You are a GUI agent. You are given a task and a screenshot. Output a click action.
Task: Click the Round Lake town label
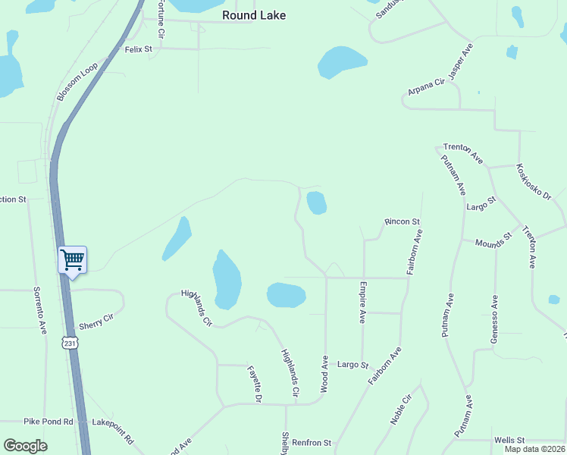[254, 15]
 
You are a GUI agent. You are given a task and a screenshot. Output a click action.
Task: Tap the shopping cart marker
[72, 260]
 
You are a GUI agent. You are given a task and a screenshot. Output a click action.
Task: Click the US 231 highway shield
[70, 344]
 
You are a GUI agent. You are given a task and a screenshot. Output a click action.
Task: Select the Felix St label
[139, 49]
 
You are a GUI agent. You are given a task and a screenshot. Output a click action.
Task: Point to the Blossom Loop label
[77, 82]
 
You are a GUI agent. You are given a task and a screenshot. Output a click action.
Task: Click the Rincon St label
[402, 221]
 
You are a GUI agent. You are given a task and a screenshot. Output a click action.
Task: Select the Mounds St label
[493, 241]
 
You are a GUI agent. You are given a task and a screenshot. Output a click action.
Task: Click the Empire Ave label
[364, 303]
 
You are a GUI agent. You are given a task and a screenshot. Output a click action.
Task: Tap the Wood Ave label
[324, 373]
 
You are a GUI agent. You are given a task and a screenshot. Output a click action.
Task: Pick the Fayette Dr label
[255, 384]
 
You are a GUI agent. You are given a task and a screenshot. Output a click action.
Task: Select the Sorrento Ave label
[39, 311]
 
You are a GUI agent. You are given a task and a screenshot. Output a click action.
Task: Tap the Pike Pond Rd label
[48, 421]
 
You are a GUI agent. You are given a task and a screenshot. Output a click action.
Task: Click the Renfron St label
[312, 442]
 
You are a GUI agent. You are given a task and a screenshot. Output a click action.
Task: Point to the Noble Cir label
[401, 410]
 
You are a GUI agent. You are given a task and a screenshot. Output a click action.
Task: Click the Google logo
[25, 446]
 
